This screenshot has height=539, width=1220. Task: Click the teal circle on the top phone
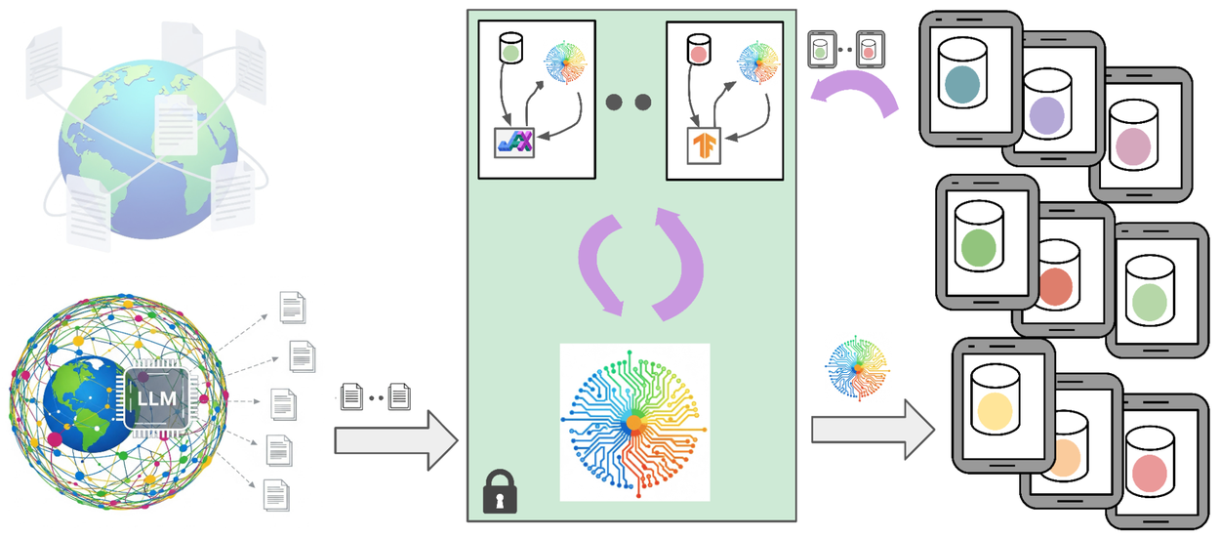tap(967, 88)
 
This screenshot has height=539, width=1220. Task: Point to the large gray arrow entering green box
tap(395, 439)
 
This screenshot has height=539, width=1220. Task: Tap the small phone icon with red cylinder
tap(871, 49)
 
